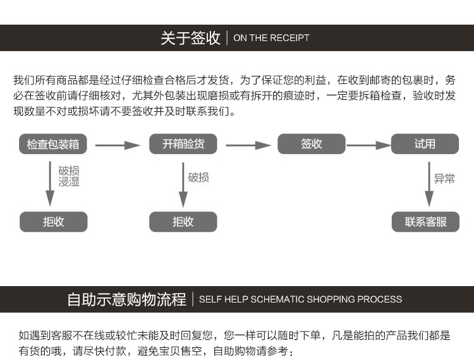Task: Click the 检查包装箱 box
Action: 52,144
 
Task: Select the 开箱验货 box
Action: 183,144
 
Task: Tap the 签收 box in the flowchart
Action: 312,144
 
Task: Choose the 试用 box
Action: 425,144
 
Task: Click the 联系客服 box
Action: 425,222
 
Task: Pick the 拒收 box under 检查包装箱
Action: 54,222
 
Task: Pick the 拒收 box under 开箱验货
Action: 183,222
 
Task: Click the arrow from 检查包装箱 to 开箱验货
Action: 118,145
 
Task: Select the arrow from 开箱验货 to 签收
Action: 248,145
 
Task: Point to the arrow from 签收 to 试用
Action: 369,145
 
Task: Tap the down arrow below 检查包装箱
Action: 49,184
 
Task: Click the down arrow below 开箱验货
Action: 183,184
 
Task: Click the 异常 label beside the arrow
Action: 444,179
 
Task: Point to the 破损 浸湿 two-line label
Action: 70,176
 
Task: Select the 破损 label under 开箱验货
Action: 198,177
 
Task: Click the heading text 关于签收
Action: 190,38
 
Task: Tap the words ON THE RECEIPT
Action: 272,38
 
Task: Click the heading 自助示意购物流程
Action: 126,299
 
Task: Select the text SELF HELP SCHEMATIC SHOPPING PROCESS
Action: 300,299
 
